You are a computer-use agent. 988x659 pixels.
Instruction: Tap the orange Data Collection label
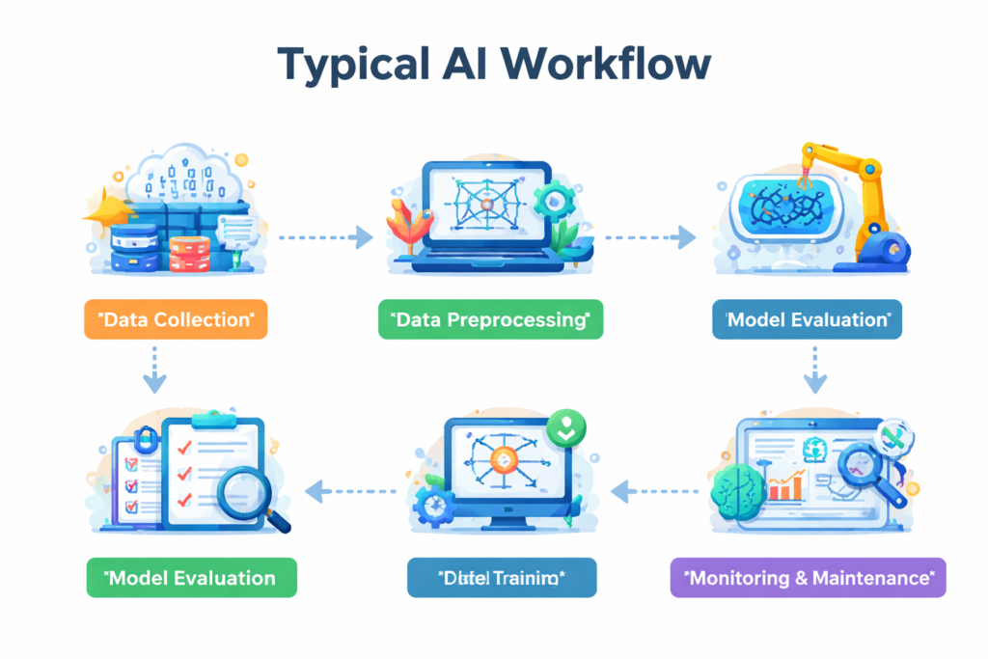176,319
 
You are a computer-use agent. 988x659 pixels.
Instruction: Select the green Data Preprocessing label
490,319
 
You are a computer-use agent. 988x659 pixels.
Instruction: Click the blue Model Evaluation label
807,319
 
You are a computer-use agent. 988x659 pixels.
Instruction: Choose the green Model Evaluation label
191,578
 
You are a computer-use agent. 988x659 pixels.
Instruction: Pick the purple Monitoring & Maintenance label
808,578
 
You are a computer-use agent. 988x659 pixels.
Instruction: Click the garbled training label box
502,578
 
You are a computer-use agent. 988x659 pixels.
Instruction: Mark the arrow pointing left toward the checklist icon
352,492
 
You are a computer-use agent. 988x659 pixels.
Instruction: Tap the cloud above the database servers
183,174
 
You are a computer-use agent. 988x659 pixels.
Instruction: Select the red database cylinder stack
189,253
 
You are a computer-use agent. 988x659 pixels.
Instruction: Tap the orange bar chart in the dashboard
785,487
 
